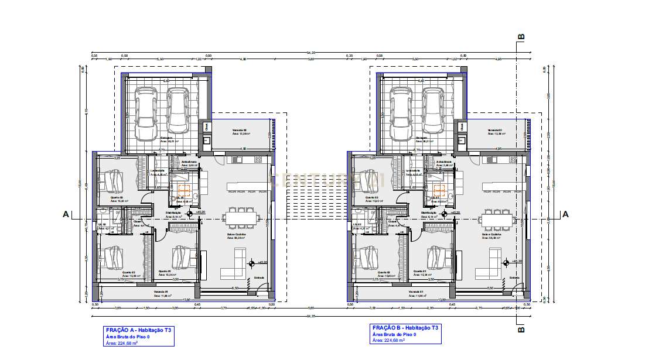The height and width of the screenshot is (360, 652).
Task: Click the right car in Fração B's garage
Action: tap(433, 114)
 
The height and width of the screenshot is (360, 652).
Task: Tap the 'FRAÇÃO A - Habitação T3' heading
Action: tap(138, 330)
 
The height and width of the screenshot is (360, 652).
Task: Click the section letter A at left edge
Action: tap(66, 215)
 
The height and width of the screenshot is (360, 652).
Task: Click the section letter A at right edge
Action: tap(565, 215)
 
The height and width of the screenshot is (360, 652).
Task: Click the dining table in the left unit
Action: tap(240, 218)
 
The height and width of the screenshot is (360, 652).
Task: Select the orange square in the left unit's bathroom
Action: tap(185, 189)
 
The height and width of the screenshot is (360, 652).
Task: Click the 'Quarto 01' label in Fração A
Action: tap(165, 272)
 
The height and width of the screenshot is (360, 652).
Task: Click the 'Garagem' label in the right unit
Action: tap(421, 138)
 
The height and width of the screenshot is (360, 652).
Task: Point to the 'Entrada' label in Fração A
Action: tap(260, 278)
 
